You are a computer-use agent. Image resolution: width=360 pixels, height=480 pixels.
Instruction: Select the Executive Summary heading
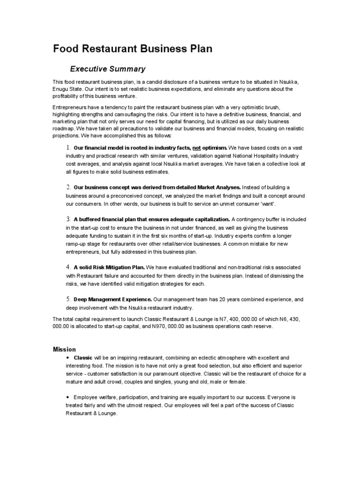point(108,69)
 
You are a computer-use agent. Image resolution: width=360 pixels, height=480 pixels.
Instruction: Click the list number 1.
point(67,148)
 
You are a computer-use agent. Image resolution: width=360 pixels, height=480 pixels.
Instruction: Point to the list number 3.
point(67,219)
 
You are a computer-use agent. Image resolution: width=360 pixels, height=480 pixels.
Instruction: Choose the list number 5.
point(67,299)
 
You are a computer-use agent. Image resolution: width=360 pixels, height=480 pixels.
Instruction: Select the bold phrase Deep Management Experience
point(113,299)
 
